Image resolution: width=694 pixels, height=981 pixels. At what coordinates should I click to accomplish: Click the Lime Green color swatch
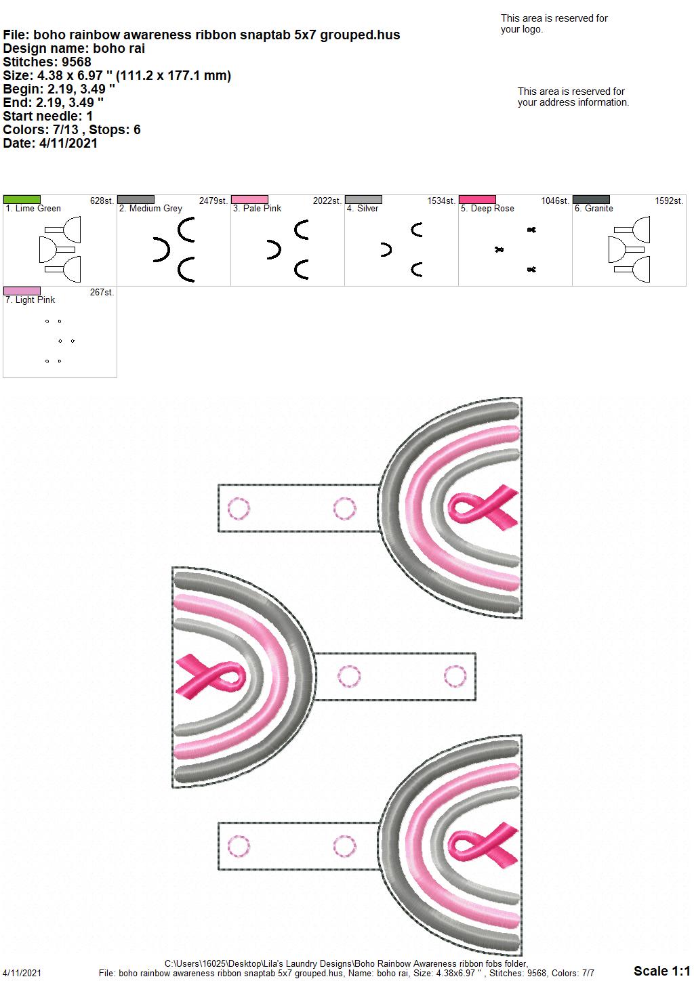(22, 199)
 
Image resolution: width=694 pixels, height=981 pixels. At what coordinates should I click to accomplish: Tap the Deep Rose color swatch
(477, 199)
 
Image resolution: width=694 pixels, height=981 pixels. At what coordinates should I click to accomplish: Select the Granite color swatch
(591, 199)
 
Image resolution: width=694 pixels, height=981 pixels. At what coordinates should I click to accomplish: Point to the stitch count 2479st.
(213, 201)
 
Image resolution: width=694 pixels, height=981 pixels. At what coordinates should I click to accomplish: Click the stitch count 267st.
(102, 292)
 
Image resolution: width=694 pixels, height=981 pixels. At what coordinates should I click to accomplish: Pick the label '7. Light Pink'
(30, 299)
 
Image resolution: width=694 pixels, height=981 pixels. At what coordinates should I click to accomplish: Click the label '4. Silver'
(363, 209)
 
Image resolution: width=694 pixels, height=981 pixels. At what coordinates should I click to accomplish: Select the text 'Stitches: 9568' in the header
(47, 62)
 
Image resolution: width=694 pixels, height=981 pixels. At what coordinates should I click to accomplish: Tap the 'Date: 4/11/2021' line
(50, 143)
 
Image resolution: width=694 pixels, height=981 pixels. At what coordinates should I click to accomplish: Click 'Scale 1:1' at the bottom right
(661, 970)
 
